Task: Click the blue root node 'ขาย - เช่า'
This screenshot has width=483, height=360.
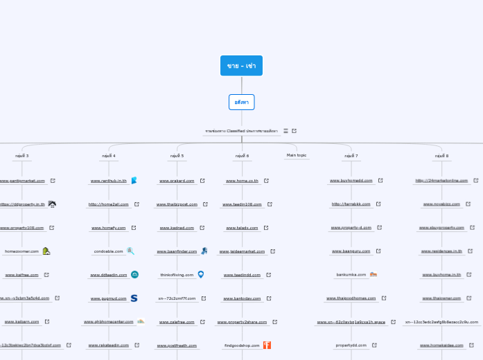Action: pos(241,66)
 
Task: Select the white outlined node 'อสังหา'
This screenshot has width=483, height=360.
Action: pos(241,102)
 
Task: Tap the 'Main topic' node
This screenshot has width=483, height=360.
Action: pos(296,155)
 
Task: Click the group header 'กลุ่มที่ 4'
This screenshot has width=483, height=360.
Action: pos(109,156)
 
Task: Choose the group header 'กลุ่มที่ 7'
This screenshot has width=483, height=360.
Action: pos(351,156)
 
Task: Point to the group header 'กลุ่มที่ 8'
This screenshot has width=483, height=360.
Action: pos(441,156)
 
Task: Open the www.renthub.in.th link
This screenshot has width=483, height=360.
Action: pos(109,181)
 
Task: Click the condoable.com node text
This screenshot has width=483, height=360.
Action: pos(108,251)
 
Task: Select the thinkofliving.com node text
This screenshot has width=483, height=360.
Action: pos(177,275)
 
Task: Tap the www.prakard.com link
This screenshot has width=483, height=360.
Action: pos(177,181)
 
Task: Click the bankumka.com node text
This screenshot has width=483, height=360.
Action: pos(351,275)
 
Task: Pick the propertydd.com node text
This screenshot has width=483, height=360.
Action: pos(351,345)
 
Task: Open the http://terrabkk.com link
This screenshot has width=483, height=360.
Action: pos(351,204)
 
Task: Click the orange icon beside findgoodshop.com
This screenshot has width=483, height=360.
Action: pos(267,345)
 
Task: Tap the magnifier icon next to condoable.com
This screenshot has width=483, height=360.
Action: pos(130,251)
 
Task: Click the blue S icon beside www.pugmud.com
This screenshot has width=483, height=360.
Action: pos(134,298)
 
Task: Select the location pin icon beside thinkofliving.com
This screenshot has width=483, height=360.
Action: pos(201,275)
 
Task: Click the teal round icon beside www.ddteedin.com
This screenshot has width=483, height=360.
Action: pos(134,275)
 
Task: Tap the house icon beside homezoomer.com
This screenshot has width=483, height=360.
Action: pos(46,251)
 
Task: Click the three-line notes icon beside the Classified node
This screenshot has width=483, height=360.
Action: pos(286,131)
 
